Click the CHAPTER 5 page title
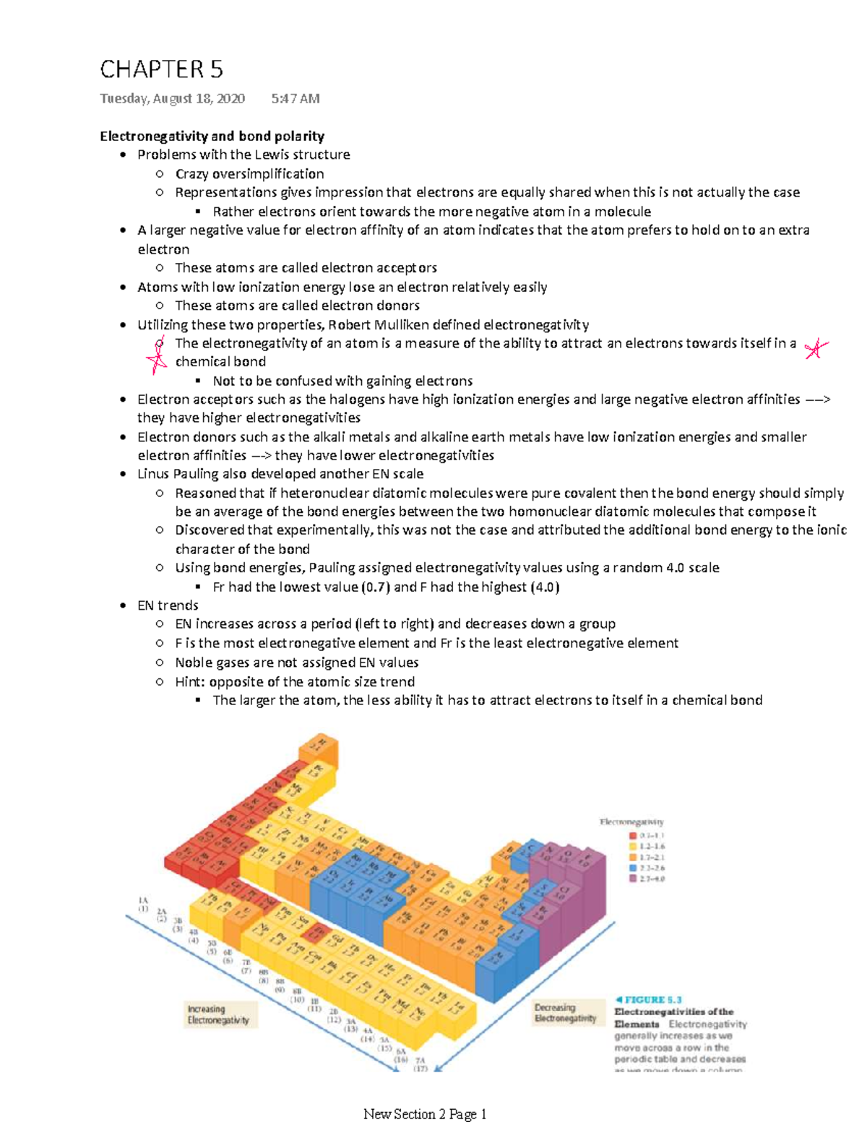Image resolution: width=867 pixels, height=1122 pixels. coord(161,69)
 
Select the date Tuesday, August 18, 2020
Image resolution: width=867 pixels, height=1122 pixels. coord(172,98)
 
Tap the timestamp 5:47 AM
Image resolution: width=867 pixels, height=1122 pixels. coord(295,98)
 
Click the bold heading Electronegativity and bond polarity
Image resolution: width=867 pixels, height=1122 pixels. coord(212,136)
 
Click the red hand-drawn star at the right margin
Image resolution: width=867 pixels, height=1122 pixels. coord(816,349)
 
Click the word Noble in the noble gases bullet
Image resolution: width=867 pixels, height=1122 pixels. coord(193,663)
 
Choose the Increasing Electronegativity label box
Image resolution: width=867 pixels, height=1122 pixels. coord(218,1014)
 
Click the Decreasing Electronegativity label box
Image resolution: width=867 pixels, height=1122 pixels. coord(565,1013)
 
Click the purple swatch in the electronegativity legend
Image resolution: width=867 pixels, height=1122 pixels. coord(633,879)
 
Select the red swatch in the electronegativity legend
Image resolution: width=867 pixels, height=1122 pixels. coord(633,835)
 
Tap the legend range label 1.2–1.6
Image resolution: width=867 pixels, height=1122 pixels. coord(652,846)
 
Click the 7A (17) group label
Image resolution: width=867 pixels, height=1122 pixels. coord(420,1064)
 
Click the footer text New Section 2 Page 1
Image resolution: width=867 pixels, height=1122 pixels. coord(425,1113)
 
